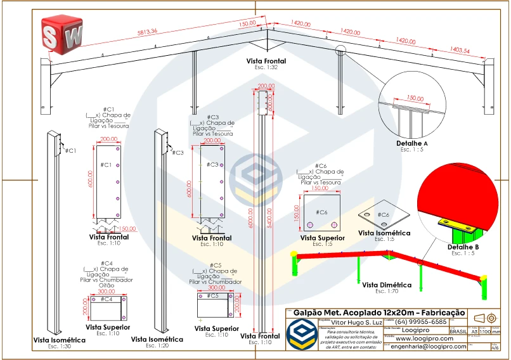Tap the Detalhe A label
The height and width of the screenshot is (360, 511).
coord(412,144)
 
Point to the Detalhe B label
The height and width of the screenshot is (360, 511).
coord(463,247)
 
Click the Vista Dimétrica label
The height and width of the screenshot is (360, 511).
coord(387,285)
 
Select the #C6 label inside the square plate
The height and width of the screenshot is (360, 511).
coord(321,212)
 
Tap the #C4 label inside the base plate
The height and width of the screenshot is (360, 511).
coord(107,299)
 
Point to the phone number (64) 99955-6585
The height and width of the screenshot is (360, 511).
coord(406,323)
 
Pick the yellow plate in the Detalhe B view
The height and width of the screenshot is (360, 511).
coord(455,225)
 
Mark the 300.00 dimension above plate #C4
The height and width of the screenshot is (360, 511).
coord(107,292)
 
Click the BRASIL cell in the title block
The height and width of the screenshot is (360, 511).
coord(457,331)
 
